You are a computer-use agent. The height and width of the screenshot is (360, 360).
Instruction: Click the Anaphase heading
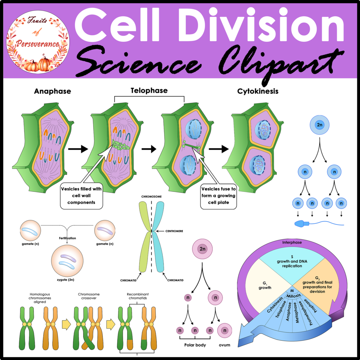(x=52, y=91)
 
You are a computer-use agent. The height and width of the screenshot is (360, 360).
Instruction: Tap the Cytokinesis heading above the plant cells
(x=258, y=91)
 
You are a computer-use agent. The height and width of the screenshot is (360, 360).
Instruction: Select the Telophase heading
(x=149, y=91)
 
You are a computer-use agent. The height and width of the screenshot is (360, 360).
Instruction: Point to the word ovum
(x=224, y=345)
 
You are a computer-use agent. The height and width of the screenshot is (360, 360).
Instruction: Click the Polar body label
(x=195, y=345)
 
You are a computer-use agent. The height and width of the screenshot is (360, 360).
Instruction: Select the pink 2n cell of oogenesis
(x=202, y=249)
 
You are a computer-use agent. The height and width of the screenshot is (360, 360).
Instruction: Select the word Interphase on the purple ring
(x=291, y=243)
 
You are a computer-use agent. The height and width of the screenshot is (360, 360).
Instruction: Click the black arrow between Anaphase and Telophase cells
(x=78, y=149)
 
